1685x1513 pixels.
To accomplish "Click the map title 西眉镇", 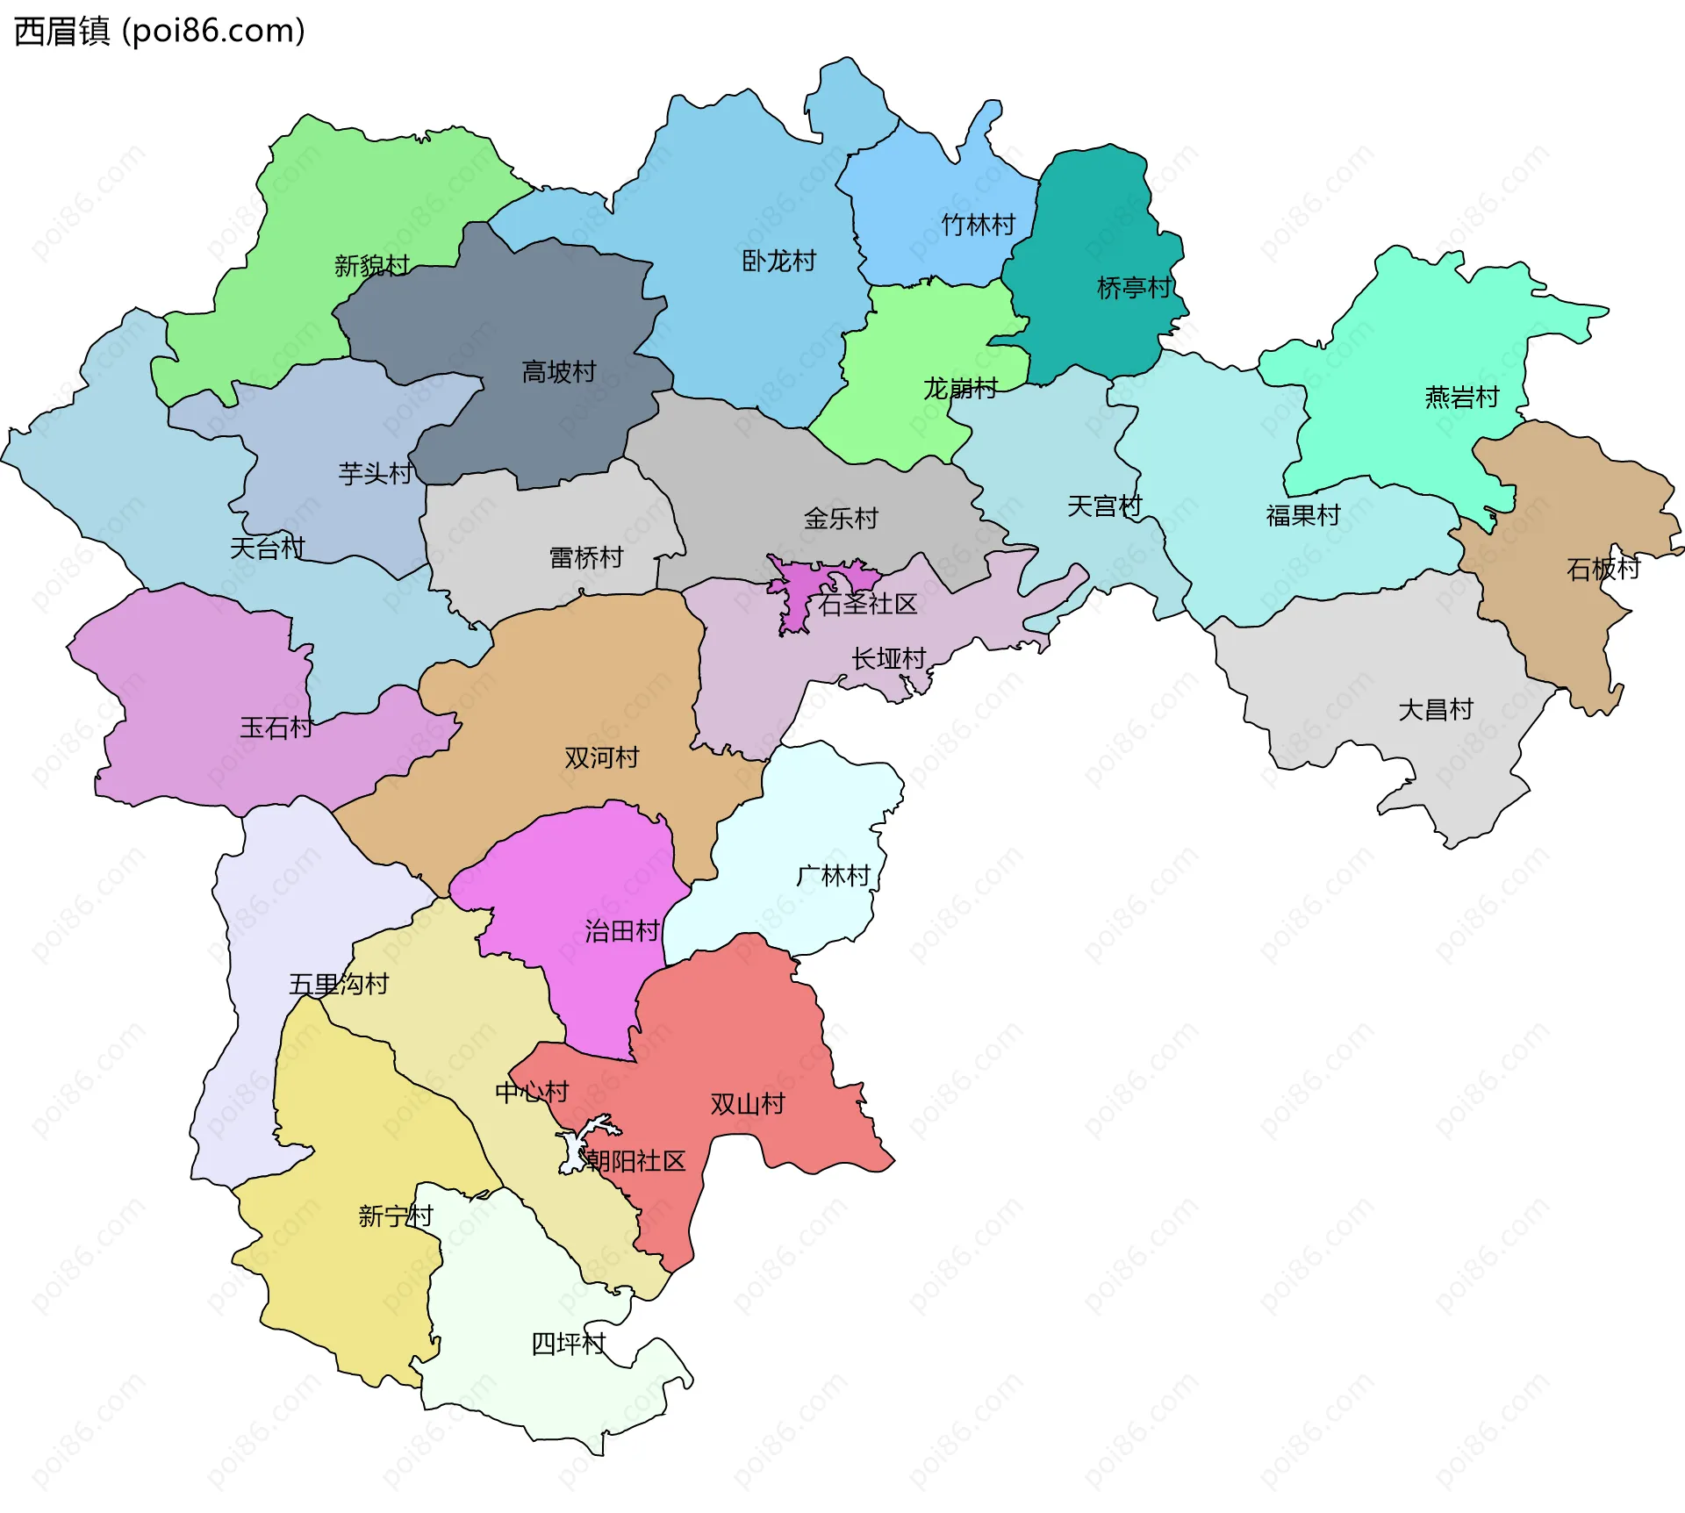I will click(x=61, y=32).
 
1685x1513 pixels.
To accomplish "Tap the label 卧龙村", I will click(x=778, y=261).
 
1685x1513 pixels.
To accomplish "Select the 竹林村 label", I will click(x=978, y=225).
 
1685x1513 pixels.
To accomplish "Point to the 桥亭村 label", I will click(x=1134, y=287).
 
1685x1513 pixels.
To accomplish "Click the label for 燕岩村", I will click(x=1461, y=398).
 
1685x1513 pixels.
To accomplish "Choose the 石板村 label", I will click(x=1603, y=569).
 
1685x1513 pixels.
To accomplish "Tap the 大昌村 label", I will click(x=1435, y=709).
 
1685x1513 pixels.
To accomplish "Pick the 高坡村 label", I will click(x=558, y=372).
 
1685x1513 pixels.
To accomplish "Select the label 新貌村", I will click(x=371, y=265).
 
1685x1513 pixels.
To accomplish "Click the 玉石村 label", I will click(x=276, y=728).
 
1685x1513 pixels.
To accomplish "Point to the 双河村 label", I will click(x=601, y=757).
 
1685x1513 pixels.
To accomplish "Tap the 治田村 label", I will click(x=622, y=931).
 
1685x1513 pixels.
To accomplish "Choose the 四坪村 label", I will click(x=569, y=1344).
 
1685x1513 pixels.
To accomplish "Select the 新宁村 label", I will click(x=395, y=1215).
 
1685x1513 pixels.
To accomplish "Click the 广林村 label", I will click(x=832, y=876).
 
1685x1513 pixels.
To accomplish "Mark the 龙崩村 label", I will click(x=960, y=388).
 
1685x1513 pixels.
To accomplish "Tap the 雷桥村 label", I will click(x=585, y=557).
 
